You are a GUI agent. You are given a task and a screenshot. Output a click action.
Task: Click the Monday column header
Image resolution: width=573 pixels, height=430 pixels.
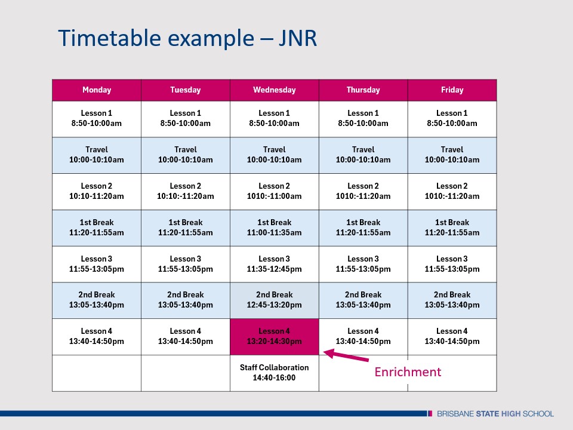tap(97, 90)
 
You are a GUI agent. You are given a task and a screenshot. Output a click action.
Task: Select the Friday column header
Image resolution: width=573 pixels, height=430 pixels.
tap(452, 90)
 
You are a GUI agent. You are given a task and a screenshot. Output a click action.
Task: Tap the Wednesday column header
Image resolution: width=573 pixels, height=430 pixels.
tap(274, 90)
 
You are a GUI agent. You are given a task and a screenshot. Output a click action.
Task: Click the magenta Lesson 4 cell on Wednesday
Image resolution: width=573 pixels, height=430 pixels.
tap(274, 336)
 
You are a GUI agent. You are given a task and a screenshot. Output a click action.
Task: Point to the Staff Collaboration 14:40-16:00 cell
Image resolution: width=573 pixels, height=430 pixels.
tap(274, 373)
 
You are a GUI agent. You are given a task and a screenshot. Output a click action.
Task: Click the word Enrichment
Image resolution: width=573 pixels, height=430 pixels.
tap(408, 372)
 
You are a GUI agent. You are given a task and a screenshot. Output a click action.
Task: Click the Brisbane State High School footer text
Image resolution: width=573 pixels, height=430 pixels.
tap(495, 413)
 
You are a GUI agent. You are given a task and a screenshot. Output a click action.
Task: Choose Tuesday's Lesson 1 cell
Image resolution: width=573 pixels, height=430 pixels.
tap(185, 118)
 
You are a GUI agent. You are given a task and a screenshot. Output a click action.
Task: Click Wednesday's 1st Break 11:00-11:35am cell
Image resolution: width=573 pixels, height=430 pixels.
tap(274, 228)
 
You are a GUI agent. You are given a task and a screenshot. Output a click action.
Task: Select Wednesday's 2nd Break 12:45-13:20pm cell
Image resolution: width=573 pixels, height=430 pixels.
tap(274, 300)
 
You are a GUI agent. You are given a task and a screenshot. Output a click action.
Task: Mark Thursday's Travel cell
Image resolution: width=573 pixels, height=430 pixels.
tap(363, 155)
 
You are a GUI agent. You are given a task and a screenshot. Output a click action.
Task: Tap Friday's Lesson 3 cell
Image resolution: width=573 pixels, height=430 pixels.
tap(452, 264)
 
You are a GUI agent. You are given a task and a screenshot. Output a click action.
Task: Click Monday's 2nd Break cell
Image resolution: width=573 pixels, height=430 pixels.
tap(97, 300)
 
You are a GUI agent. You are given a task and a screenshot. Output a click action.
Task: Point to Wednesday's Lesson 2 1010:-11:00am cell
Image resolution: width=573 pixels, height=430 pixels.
tap(274, 191)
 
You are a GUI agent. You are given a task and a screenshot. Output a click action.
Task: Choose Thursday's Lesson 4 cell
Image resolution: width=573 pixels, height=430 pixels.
tap(363, 336)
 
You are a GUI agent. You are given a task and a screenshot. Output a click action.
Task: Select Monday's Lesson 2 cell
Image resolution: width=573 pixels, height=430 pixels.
tap(97, 191)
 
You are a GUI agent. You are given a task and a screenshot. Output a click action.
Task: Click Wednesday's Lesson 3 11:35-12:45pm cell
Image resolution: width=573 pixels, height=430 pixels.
tap(274, 264)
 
